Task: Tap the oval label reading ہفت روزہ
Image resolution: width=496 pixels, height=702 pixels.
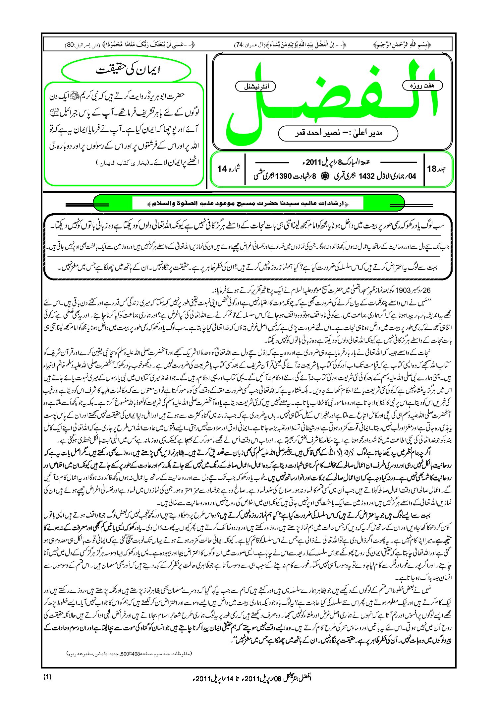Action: [x=422, y=86]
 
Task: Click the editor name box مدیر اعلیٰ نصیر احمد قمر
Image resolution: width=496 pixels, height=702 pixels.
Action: [x=338, y=133]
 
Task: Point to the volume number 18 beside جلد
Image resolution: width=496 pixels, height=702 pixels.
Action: [x=432, y=169]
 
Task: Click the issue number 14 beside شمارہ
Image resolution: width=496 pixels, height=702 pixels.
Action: [x=222, y=169]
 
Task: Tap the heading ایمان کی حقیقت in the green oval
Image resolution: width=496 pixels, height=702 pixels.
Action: [x=128, y=70]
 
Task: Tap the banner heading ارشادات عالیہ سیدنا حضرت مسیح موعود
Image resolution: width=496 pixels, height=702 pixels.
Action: [x=248, y=203]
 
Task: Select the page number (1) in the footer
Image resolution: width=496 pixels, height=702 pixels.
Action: [x=47, y=677]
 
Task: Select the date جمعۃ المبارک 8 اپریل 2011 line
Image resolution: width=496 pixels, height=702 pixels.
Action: [x=335, y=162]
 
